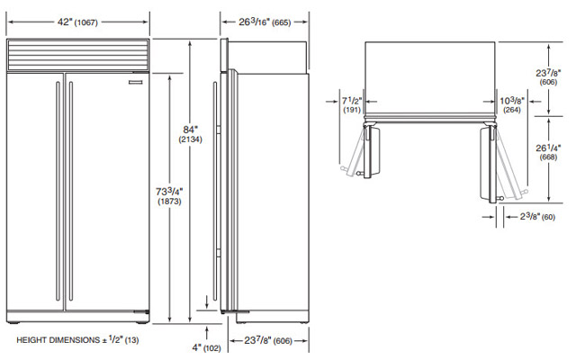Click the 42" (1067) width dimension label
(x=77, y=22)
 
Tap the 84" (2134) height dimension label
(x=190, y=134)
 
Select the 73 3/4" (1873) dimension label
(x=169, y=196)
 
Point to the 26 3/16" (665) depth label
(x=265, y=22)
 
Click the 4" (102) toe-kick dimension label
(x=206, y=347)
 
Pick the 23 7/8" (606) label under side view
(x=268, y=340)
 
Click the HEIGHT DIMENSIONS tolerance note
(x=77, y=340)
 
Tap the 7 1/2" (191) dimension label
(x=352, y=104)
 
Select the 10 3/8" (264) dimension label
(x=512, y=104)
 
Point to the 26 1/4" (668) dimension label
(x=548, y=152)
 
